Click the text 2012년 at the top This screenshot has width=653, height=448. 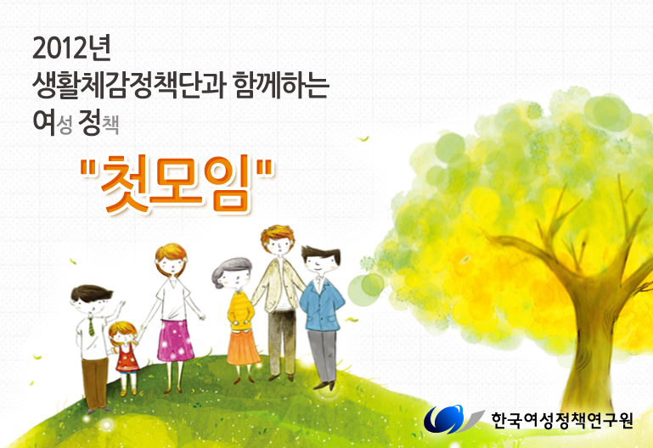coord(71,48)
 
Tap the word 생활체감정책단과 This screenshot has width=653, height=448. coord(129,86)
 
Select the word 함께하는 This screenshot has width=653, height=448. coord(282,85)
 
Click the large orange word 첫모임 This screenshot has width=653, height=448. coord(177,184)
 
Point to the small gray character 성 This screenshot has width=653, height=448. coord(65,125)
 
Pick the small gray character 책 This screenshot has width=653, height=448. coord(110,125)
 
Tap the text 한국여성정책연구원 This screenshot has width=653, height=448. coord(562,420)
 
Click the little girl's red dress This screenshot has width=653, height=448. coord(127,358)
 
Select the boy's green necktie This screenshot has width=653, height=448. coord(91,326)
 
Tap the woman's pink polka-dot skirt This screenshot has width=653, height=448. coord(175,341)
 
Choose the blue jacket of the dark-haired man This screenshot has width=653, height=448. coord(321,306)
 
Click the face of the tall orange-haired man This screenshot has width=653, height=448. coord(279,246)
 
